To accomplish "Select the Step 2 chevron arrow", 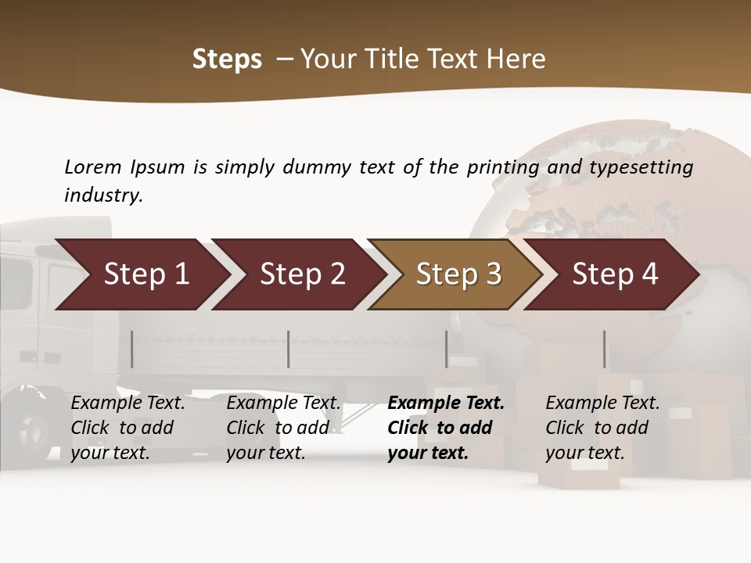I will (301, 274).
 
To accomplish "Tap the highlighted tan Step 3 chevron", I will (458, 274).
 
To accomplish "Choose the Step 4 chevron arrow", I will (614, 274).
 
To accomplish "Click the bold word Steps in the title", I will (227, 59).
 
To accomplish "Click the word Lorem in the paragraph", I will (93, 167).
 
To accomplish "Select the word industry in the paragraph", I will (102, 195).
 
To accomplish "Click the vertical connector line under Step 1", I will (132, 349).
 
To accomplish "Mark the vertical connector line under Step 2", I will (289, 349).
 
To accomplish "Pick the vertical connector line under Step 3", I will (447, 349).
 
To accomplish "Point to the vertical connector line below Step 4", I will (604, 349).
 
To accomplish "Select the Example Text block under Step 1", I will (127, 428).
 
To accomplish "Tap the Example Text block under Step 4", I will (602, 428).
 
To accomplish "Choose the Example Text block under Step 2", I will (282, 428).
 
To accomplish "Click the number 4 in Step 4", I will (649, 274).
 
